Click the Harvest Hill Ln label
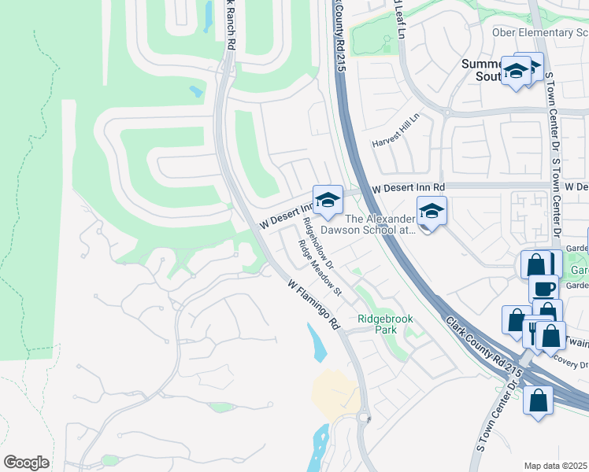coord(397,130)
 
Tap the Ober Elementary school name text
coord(539,32)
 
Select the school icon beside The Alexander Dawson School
coord(432,212)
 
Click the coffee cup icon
coord(543,289)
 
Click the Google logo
coord(27,463)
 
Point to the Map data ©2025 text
coord(556,466)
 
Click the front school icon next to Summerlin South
coord(516,72)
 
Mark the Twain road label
coord(577,342)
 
